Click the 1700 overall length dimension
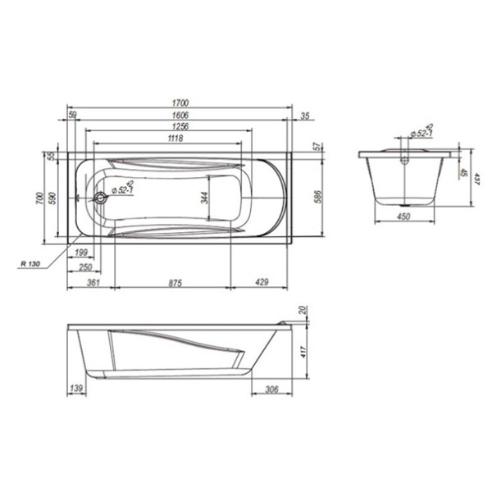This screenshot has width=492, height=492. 179,102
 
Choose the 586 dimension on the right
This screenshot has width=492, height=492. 318,198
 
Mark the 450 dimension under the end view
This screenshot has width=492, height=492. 403,216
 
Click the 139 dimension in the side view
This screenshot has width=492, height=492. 76,389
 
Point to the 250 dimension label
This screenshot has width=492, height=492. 84,267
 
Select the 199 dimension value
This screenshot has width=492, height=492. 82,253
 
